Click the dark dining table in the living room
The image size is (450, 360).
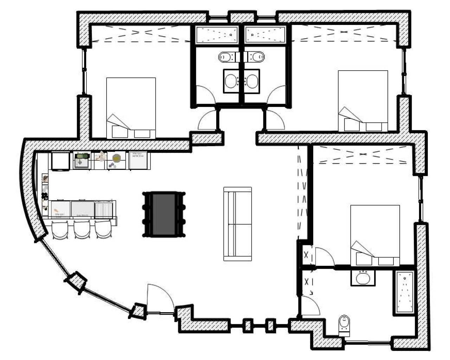pyautogui.click(x=164, y=214)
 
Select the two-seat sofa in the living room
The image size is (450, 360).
pyautogui.click(x=238, y=224)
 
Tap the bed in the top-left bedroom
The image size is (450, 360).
pyautogui.click(x=131, y=107)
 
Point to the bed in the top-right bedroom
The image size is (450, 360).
pyautogui.click(x=362, y=101)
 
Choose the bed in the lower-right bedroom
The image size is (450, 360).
pyautogui.click(x=375, y=235)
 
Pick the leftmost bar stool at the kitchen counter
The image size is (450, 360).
pyautogui.click(x=62, y=231)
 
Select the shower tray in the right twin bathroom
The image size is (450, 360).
pyautogui.click(x=265, y=34)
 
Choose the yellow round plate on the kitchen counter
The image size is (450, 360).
pyautogui.click(x=116, y=158)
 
